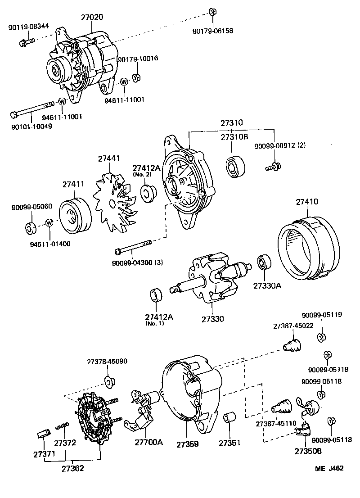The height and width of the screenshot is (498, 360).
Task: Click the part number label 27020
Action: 92,18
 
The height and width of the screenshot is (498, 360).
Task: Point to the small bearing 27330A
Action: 262,263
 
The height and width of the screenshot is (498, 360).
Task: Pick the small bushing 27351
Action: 229,417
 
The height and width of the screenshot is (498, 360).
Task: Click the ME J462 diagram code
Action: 329,468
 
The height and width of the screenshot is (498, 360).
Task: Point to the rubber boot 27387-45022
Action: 292,347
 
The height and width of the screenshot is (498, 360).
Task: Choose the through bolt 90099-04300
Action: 135,248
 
